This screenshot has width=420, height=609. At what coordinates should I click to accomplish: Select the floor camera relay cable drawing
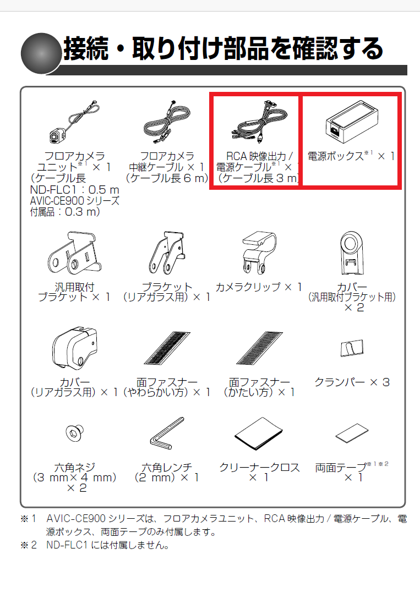click(x=166, y=124)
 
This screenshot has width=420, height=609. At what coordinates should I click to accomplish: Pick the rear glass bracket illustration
click(x=167, y=254)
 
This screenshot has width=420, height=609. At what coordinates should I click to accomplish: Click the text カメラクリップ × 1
click(x=259, y=287)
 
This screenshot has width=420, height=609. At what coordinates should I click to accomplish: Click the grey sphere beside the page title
click(x=40, y=54)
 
